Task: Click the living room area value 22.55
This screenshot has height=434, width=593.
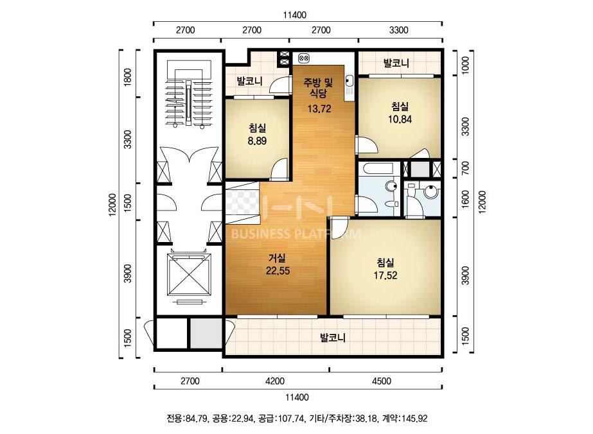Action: click(x=278, y=271)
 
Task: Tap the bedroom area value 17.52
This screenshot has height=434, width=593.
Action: click(x=385, y=275)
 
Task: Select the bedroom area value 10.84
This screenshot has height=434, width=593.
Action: click(x=400, y=119)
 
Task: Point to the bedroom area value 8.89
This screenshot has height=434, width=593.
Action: click(x=257, y=141)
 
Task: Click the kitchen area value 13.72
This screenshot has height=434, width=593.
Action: click(x=319, y=109)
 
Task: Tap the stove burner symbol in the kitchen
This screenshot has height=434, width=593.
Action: click(x=304, y=58)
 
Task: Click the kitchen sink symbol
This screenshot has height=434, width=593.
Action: click(x=350, y=85)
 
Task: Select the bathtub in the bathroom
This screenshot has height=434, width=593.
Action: click(x=379, y=169)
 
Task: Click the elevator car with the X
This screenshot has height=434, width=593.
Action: click(x=189, y=275)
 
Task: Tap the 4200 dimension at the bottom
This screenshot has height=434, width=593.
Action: click(x=275, y=381)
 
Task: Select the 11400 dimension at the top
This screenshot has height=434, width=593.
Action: click(x=295, y=15)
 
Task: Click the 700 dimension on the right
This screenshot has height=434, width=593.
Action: click(x=466, y=168)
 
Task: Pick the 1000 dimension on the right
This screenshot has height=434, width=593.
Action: click(x=466, y=65)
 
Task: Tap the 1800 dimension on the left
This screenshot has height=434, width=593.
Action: click(x=128, y=77)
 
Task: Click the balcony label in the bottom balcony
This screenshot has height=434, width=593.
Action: click(x=333, y=338)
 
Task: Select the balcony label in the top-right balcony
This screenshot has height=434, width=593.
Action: click(x=396, y=63)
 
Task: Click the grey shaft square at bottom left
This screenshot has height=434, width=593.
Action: click(x=206, y=333)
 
